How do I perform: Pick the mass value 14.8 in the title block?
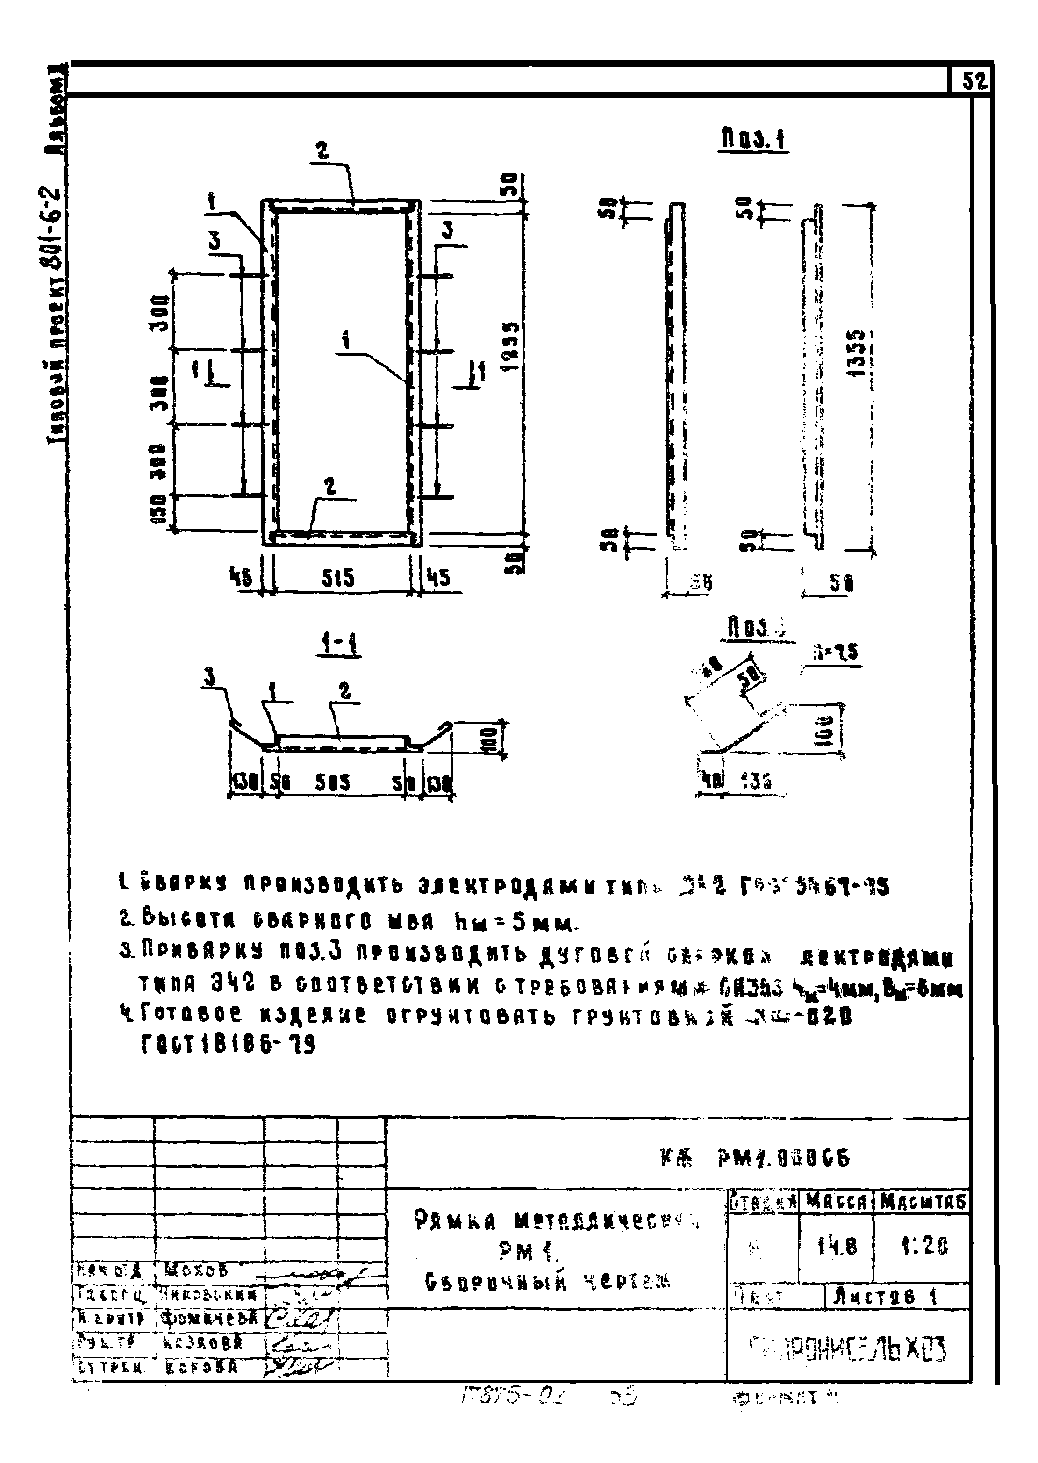coord(836,1245)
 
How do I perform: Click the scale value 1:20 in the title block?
coord(923,1245)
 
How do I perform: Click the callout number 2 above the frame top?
coord(323,151)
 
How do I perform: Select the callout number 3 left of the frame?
coord(215,242)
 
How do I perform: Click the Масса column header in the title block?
coord(836,1202)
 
